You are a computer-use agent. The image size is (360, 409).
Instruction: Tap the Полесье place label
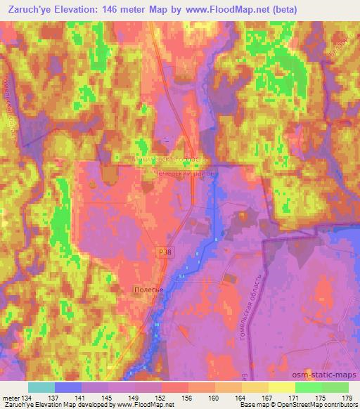pyautogui.click(x=148, y=289)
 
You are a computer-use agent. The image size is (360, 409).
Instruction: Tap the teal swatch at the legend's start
pyautogui.click(x=41, y=387)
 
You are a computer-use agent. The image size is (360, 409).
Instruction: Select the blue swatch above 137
pyautogui.click(x=68, y=387)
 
